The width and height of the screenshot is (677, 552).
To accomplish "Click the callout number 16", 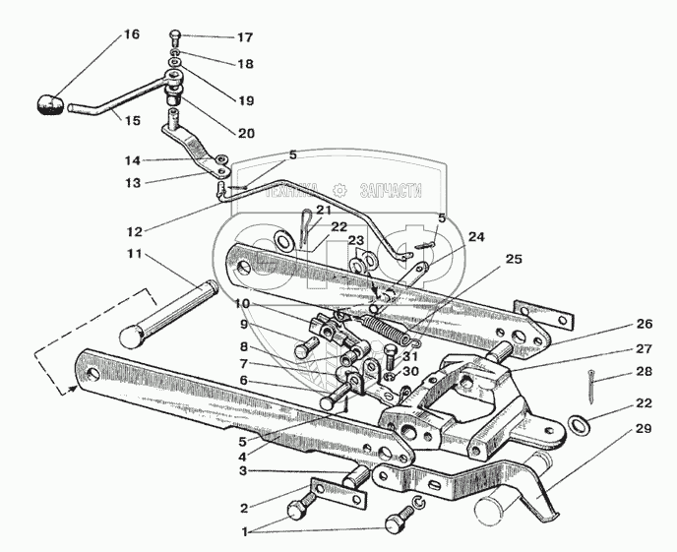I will pyautogui.click(x=131, y=34).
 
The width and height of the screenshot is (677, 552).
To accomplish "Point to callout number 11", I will pyautogui.click(x=133, y=253).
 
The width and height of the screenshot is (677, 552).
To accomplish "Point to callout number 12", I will pyautogui.click(x=135, y=232).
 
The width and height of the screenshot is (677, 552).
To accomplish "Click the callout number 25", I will pyautogui.click(x=513, y=259).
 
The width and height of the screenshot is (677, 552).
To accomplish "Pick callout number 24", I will pyautogui.click(x=476, y=236).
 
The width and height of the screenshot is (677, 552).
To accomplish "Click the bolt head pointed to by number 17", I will pyautogui.click(x=175, y=35).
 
